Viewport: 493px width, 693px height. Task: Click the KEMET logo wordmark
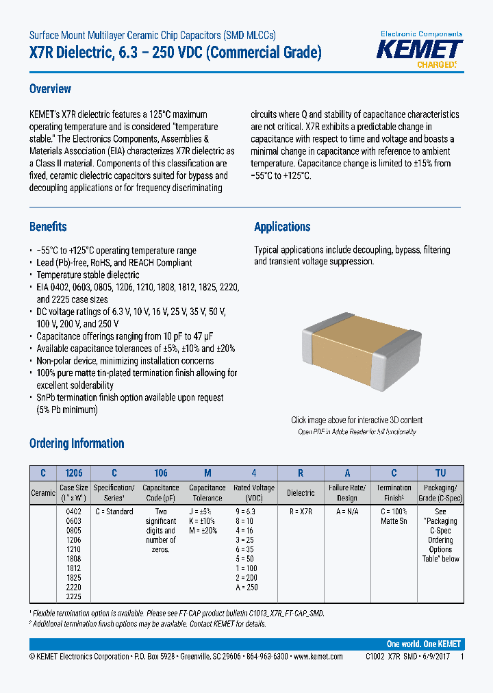coord(421,49)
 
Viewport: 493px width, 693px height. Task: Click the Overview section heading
coord(50,89)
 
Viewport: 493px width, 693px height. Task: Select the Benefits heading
coord(48,227)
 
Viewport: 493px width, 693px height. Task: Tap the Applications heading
coord(282,227)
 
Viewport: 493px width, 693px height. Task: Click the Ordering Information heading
coord(77,443)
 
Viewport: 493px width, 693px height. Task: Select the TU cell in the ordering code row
coord(440,473)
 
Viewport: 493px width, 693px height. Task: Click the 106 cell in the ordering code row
coord(160,473)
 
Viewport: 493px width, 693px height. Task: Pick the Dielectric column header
coord(301,493)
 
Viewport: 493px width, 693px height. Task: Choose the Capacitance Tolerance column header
coord(207,493)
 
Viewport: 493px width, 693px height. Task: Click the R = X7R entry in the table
coord(301,512)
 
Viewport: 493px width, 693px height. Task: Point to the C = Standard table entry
coord(114,512)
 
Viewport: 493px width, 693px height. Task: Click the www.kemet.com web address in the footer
coord(318,656)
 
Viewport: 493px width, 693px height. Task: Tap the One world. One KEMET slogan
coord(424,644)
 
